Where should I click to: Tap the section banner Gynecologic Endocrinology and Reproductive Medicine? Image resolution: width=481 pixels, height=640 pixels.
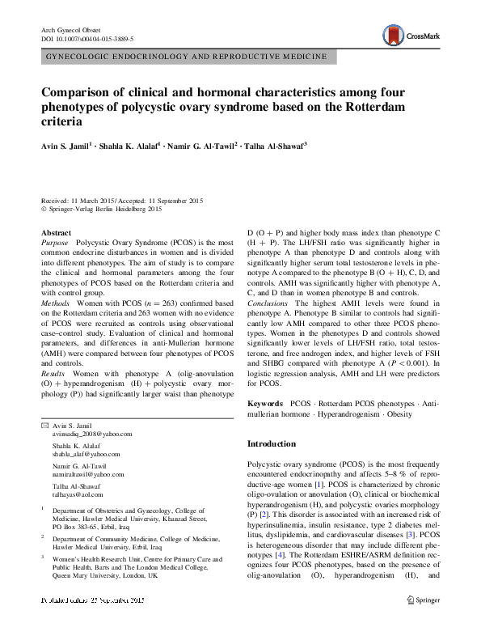pos(186,57)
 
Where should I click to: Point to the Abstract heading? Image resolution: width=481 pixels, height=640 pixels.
pos(56,232)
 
